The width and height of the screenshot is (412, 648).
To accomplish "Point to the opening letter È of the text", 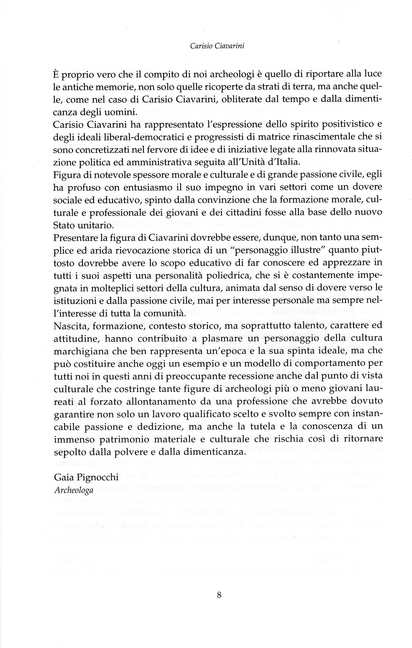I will click(x=56, y=74).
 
